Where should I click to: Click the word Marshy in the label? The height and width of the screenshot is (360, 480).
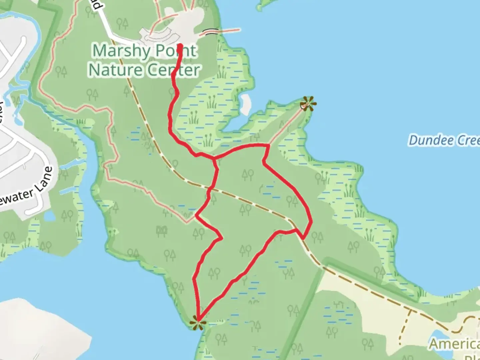click(x=121, y=51)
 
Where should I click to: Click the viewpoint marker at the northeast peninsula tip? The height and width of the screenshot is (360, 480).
click(x=308, y=103)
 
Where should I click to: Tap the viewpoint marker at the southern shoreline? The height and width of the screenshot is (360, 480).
click(x=197, y=323)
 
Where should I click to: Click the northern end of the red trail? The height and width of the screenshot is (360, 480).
click(x=180, y=45)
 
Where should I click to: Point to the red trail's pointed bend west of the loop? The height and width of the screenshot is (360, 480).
click(x=221, y=238)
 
